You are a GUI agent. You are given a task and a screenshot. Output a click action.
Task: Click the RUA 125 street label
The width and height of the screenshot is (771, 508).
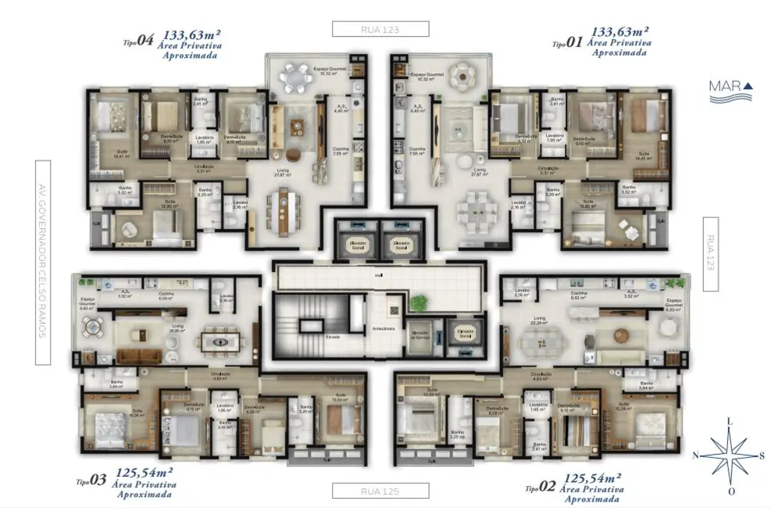coord(380,491)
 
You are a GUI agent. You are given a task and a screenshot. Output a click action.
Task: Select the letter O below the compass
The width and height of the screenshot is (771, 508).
coord(731,492)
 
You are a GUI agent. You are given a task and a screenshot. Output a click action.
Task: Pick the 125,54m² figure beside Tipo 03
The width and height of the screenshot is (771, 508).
coord(144,472)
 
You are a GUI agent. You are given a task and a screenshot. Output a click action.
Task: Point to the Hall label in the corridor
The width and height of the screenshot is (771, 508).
coord(378,275)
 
